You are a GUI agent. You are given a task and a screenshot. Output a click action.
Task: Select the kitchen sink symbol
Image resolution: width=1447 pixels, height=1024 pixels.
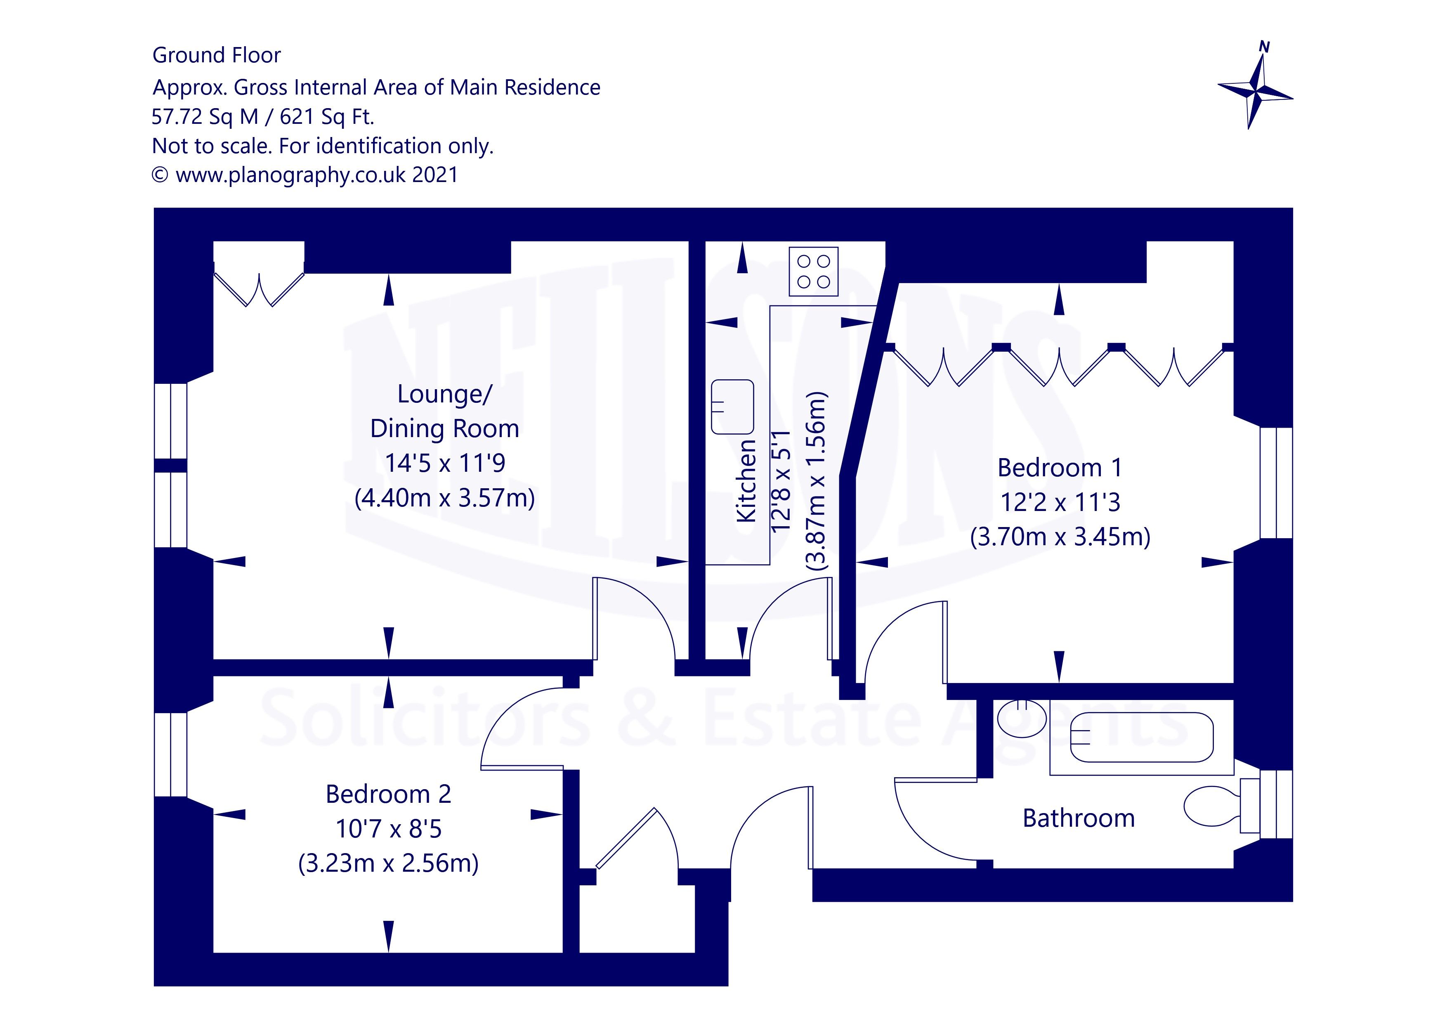pos(732,407)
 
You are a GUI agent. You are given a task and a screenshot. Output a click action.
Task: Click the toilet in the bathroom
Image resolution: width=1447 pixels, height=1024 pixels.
pos(1213,806)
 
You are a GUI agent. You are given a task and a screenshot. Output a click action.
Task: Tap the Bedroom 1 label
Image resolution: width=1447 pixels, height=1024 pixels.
pos(1060,468)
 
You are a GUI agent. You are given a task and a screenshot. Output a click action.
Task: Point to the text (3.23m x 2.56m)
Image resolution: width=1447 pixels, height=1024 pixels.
pos(388,863)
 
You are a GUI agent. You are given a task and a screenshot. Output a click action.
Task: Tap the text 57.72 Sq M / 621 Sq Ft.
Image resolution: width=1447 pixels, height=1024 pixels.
pos(263,117)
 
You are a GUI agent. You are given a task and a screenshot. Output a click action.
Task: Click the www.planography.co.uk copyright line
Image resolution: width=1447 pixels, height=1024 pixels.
pos(305,175)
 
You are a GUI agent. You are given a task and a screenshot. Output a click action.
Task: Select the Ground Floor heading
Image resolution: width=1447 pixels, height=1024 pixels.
pos(216,55)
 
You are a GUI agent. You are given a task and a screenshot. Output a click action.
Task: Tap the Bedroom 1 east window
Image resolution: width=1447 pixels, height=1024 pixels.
pos(1276,483)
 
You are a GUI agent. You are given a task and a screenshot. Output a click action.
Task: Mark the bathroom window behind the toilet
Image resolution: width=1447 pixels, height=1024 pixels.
pos(1276,804)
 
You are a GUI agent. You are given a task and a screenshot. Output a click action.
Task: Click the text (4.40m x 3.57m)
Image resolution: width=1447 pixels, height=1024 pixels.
pos(445,498)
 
